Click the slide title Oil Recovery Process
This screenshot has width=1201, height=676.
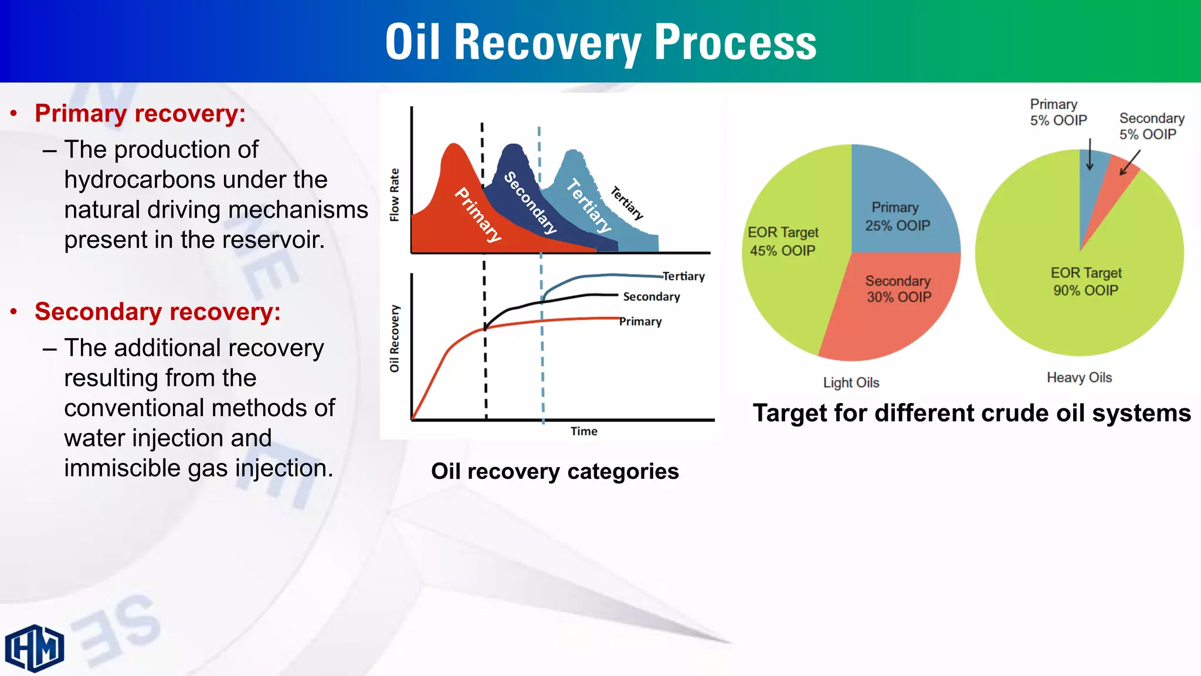pos(600,42)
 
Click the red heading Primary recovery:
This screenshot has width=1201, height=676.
pos(140,113)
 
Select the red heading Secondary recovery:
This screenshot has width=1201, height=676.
pos(157,312)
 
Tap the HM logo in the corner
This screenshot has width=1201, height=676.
pos(35,648)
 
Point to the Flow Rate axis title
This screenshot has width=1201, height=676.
pos(395,195)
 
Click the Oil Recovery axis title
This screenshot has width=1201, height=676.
pos(395,339)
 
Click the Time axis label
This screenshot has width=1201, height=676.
pos(584,431)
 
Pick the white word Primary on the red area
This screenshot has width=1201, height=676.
pos(479,215)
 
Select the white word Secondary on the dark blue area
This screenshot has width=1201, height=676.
pos(530,202)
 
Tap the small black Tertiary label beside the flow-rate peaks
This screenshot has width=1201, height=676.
pos(627,203)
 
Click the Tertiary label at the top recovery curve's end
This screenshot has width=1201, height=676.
pos(684,276)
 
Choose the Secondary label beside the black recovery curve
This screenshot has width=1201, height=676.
pos(652,297)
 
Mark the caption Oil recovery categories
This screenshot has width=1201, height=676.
pos(555,472)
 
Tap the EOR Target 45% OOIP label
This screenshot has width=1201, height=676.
pos(783,241)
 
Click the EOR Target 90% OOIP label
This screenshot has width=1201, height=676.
pos(1086,282)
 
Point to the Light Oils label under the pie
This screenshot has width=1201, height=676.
pos(851,383)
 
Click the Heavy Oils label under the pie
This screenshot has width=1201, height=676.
pos(1079,377)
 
